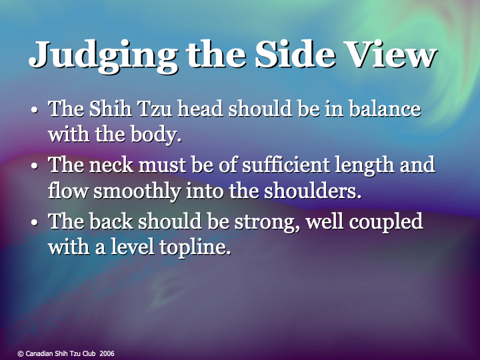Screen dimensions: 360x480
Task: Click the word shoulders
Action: tap(312, 191)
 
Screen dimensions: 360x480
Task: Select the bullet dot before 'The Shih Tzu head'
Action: tap(35, 109)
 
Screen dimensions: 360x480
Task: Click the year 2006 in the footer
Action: tap(107, 353)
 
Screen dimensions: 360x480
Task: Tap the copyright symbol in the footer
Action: tap(21, 353)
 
